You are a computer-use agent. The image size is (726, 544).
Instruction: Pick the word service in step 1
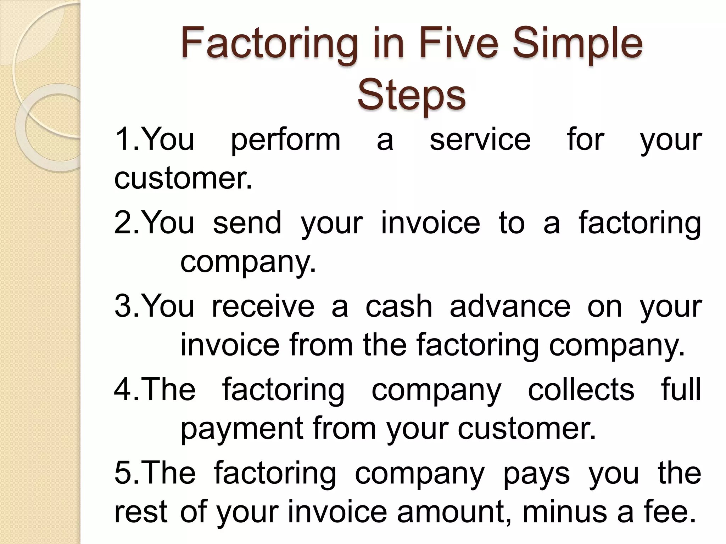click(480, 140)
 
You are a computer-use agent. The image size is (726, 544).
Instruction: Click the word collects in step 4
click(581, 390)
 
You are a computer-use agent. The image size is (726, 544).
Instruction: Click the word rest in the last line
click(141, 512)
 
